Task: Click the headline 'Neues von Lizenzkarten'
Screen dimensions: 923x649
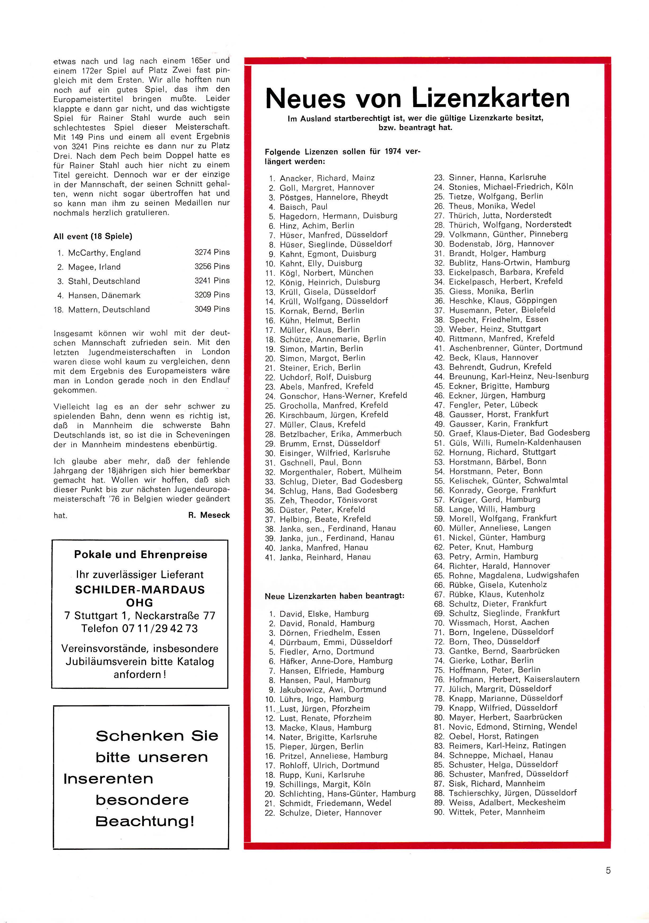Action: [417, 98]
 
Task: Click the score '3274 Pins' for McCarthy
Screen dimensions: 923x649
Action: [212, 252]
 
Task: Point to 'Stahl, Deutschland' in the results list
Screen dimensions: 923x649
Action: [104, 281]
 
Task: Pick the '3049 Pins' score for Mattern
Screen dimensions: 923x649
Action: [212, 309]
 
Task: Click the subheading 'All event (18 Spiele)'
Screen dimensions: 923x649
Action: [93, 236]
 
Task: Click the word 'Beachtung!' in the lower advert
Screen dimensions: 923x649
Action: [145, 821]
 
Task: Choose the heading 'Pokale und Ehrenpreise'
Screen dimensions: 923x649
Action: [140, 555]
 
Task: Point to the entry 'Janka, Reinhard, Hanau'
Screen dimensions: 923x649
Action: [325, 557]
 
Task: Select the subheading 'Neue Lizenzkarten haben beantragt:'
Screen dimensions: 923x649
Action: [334, 596]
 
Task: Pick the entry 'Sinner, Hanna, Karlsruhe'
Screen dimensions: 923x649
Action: [497, 177]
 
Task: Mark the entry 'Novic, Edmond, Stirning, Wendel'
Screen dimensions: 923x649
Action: [513, 727]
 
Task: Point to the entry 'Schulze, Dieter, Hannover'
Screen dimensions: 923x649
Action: [330, 812]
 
